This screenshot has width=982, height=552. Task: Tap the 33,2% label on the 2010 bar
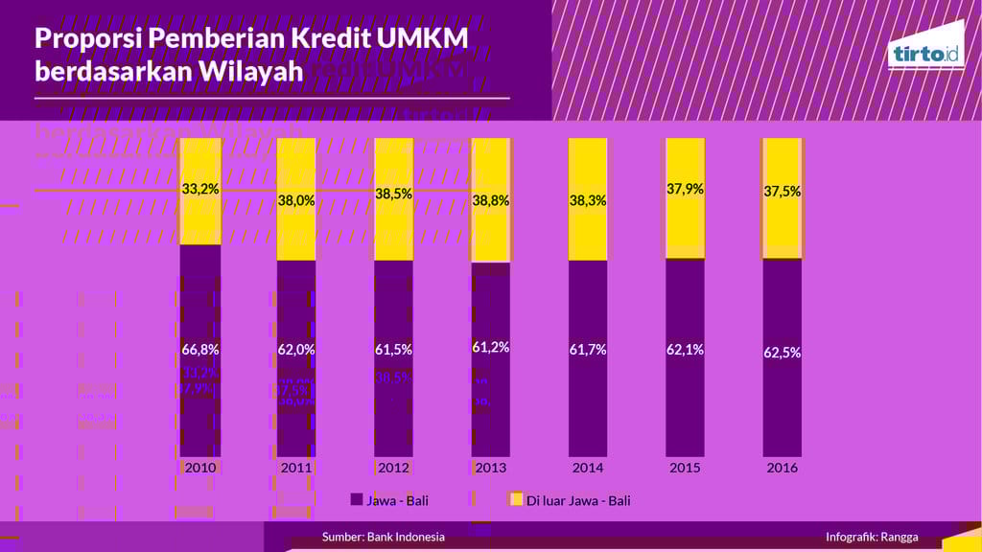(x=200, y=189)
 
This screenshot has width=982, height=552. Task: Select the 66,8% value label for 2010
(x=200, y=349)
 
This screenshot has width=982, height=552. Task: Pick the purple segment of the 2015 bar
(x=685, y=402)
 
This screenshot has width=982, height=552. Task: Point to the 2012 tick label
(x=394, y=469)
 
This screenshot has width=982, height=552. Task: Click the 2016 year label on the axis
(x=782, y=469)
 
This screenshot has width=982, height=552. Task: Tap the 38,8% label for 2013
(x=490, y=202)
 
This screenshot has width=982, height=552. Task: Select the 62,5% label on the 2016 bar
(x=782, y=353)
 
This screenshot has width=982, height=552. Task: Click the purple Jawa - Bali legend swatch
(x=357, y=499)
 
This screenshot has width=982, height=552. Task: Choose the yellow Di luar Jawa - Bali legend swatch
(x=515, y=499)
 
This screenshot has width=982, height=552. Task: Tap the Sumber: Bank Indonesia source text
(x=383, y=537)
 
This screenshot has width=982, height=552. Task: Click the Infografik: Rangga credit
(x=872, y=537)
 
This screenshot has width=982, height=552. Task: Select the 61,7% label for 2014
(x=587, y=350)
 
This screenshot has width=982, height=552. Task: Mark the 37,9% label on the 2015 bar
(x=685, y=189)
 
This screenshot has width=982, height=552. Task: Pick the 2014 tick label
(x=587, y=469)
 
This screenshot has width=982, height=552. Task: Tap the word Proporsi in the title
(x=85, y=39)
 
